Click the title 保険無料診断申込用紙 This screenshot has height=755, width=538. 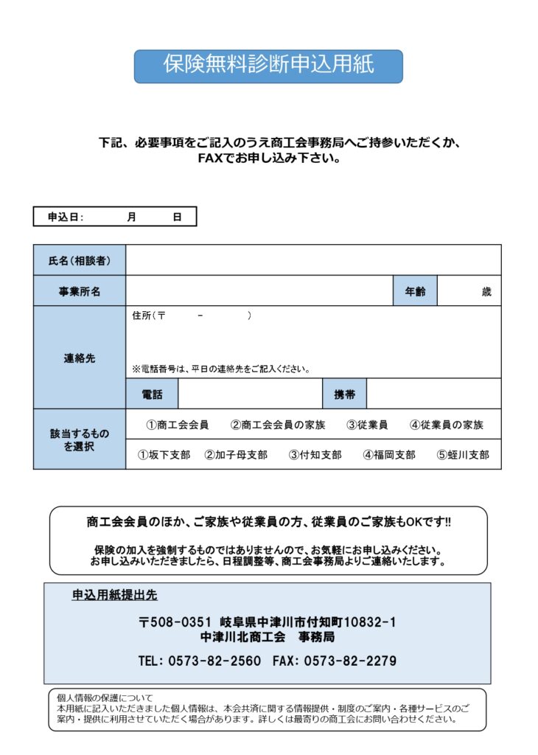tap(268, 66)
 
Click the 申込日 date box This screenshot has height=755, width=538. tap(115, 217)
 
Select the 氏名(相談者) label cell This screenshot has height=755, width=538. tap(80, 260)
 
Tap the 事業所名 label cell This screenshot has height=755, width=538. tap(80, 291)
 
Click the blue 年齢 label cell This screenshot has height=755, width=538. tap(415, 291)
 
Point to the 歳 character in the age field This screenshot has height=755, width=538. tap(486, 292)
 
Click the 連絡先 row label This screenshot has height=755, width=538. tap(80, 358)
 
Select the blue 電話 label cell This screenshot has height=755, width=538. tap(152, 394)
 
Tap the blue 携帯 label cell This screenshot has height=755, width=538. tap(344, 394)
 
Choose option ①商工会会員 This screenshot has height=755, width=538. tap(177, 425)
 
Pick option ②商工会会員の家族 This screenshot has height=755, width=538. tap(278, 425)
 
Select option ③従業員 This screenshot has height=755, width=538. tap(367, 425)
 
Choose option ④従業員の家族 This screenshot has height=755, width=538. tap(447, 425)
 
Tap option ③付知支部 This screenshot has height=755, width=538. tap(315, 455)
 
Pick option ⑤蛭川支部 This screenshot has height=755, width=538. tap(462, 455)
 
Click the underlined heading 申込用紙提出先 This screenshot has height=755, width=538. tap(114, 595)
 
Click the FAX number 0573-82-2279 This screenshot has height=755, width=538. tap(350, 661)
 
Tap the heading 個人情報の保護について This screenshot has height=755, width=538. tap(105, 697)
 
